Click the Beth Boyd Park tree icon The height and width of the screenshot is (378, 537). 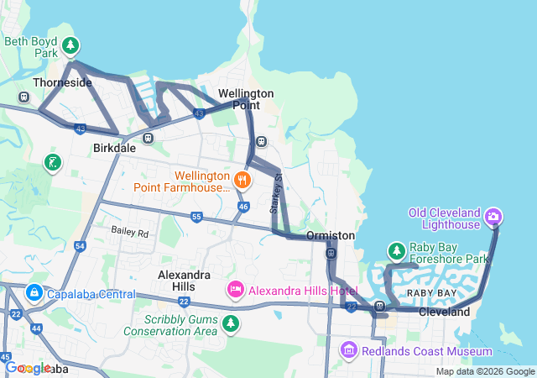coord(71,45)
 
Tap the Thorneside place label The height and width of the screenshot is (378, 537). coord(61,83)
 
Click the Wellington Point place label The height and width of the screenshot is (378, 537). coord(245,99)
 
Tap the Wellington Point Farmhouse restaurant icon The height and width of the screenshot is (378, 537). coord(242,179)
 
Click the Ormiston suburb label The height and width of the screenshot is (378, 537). coord(331,235)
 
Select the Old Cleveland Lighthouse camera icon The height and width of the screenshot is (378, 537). coord(493,218)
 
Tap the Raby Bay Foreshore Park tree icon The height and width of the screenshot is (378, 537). coord(396,251)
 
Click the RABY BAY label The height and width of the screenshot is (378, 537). coord(431,292)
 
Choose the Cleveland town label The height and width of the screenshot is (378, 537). coord(445,312)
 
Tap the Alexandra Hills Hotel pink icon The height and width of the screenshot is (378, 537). coord(236,290)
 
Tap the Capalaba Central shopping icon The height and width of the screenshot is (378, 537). coord(34,293)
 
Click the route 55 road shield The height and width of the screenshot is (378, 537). coord(196,217)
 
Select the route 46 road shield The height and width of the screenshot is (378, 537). coord(243,206)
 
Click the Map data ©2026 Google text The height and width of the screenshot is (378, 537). coord(484,372)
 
